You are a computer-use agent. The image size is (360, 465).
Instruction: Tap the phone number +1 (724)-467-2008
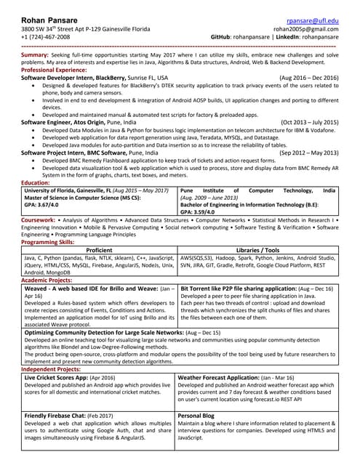(x=51, y=36)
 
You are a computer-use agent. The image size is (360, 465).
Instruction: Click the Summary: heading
(x=35, y=55)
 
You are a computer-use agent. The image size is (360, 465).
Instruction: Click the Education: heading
(x=36, y=183)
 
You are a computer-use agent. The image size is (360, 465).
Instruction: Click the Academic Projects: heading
(x=47, y=280)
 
